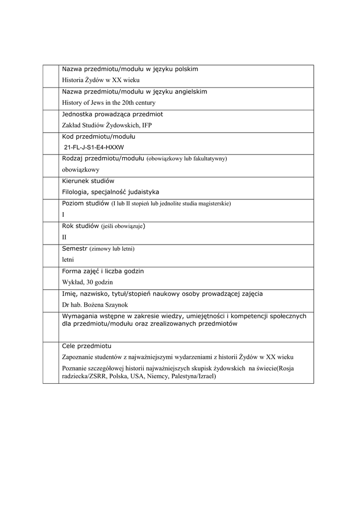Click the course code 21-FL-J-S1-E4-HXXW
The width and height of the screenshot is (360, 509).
(94, 148)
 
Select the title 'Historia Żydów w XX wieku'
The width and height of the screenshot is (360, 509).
(101, 80)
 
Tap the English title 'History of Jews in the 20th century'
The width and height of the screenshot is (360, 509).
(109, 103)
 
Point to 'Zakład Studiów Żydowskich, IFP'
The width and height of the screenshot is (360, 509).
(107, 125)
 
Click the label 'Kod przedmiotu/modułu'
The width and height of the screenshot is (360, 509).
(99, 136)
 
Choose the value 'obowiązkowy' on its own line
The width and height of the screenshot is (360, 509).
(81, 170)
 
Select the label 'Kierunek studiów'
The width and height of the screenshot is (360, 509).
(89, 181)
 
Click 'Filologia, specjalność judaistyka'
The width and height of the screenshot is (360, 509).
(110, 192)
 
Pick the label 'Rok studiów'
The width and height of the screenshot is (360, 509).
(81, 226)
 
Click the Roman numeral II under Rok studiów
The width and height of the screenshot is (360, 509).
(64, 238)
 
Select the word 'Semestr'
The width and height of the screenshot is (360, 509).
(75, 249)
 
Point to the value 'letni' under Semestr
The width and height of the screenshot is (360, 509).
(68, 260)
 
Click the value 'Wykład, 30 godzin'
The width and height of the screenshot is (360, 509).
(88, 282)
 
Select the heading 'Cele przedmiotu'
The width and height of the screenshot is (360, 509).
(87, 345)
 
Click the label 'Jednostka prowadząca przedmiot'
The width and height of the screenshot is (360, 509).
(112, 114)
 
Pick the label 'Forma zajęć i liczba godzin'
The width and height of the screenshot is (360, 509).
(103, 271)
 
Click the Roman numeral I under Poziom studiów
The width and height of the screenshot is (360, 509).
(63, 215)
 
